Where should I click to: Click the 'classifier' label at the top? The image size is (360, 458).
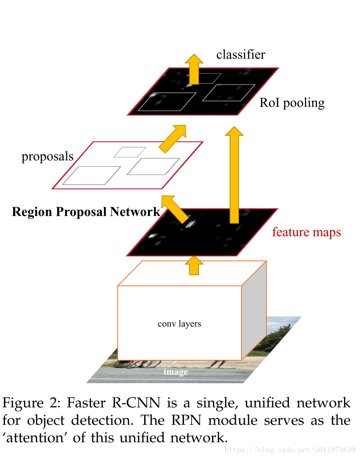[x=240, y=54]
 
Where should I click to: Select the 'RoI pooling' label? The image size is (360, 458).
[x=292, y=103]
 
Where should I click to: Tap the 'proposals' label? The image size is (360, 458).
[x=47, y=156]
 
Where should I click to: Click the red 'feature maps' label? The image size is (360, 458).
[x=306, y=232]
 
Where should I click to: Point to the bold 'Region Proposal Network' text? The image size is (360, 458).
[x=86, y=212]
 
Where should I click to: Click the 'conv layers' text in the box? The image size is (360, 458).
[x=179, y=324]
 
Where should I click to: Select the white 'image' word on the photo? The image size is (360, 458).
[x=176, y=372]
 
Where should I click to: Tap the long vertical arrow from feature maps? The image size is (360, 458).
[x=234, y=176]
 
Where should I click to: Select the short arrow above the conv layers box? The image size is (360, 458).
[x=194, y=266]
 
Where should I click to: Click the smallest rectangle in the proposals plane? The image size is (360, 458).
[x=127, y=152]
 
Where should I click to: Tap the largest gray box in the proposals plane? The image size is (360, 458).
[x=92, y=175]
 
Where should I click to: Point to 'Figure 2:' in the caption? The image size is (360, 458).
[x=31, y=403]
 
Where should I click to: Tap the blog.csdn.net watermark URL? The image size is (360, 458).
[x=291, y=450]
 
